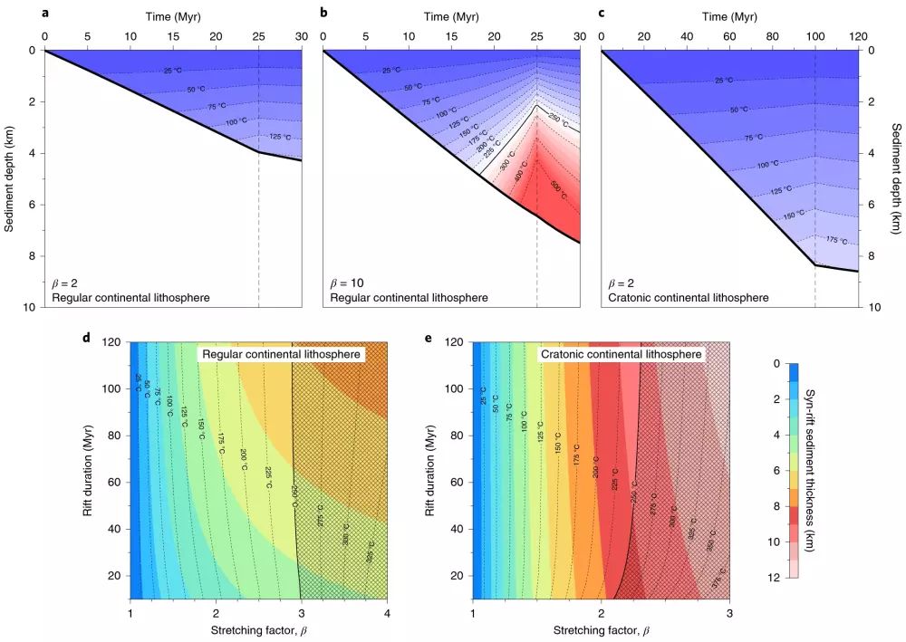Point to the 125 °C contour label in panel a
pyautogui.click(x=280, y=138)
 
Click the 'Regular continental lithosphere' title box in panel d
pyautogui.click(x=282, y=355)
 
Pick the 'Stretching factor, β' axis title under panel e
pyautogui.click(x=601, y=628)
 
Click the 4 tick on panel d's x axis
pyautogui.click(x=387, y=611)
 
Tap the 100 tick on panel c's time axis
pyautogui.click(x=815, y=35)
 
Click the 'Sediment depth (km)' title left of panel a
pyautogui.click(x=10, y=178)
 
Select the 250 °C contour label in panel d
pyautogui.click(x=294, y=497)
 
